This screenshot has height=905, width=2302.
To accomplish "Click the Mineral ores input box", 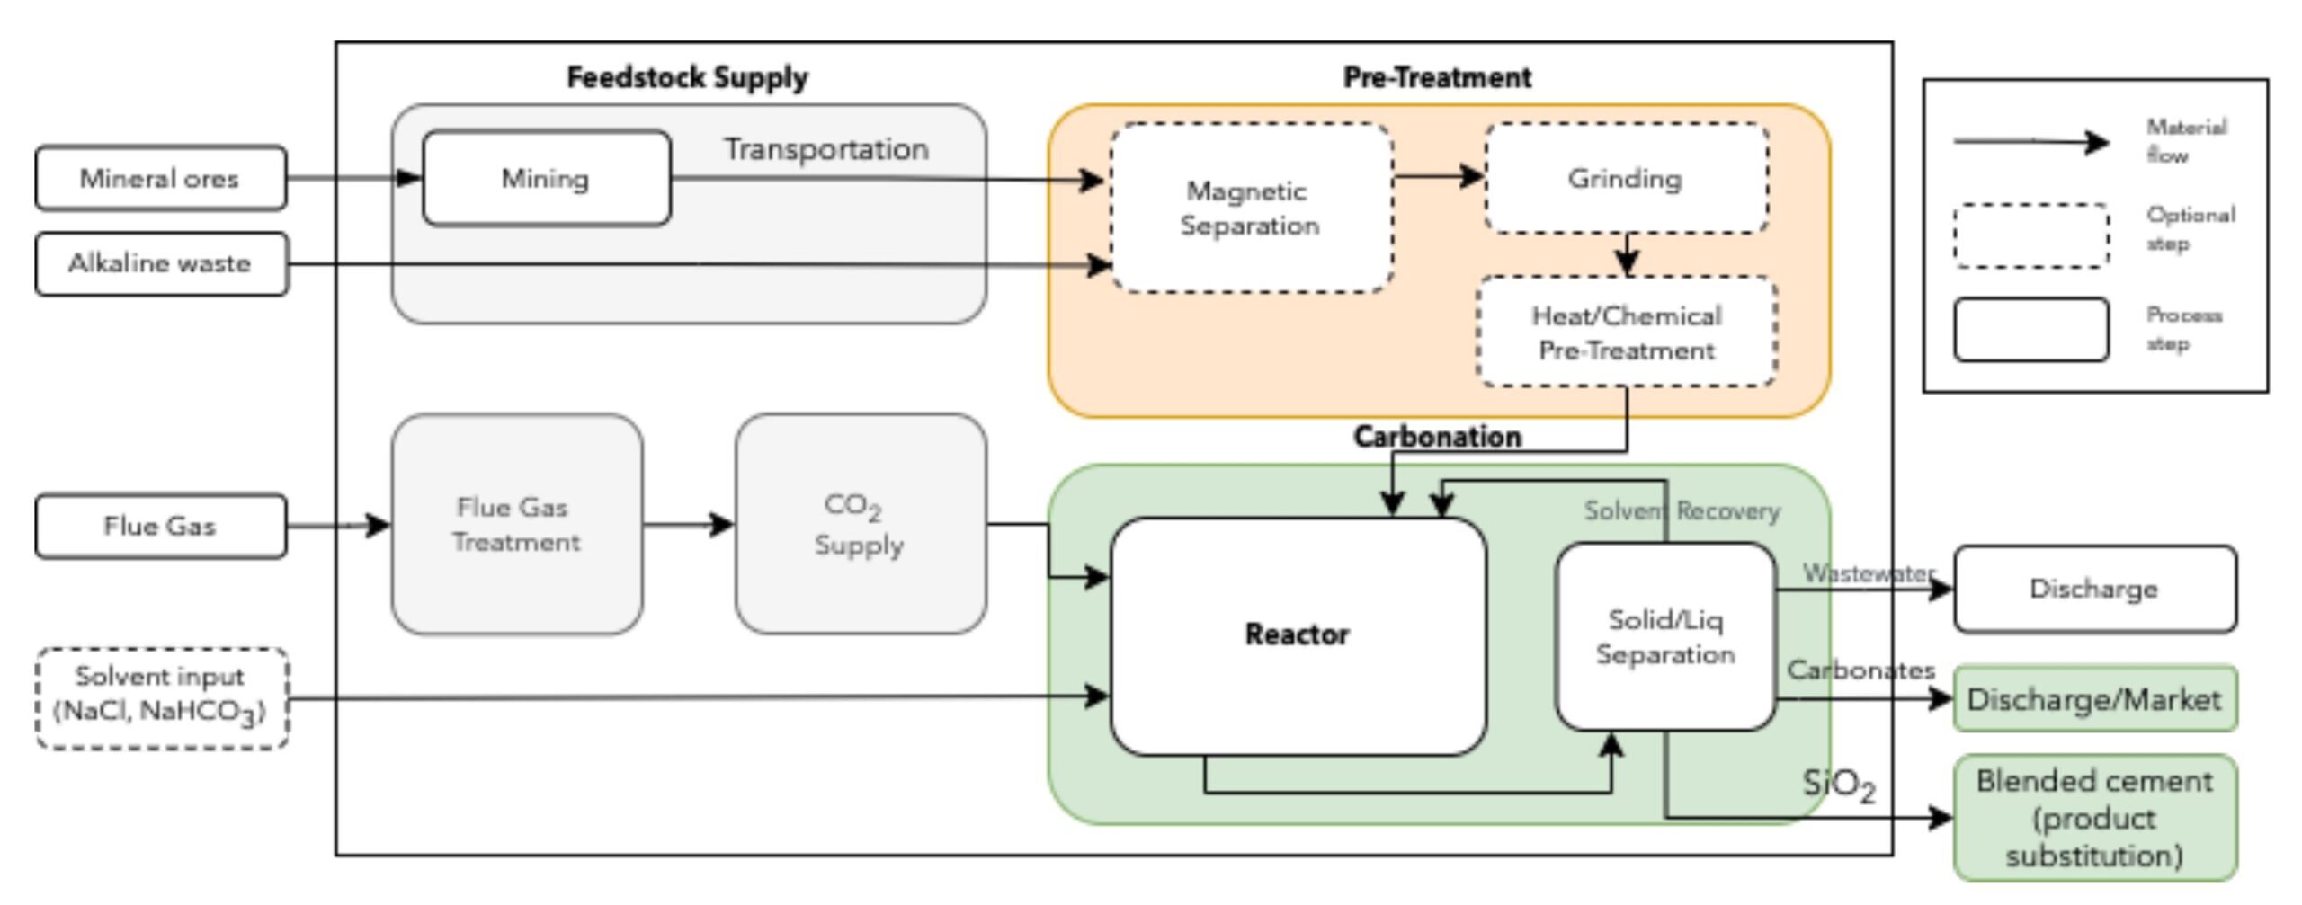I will [161, 178].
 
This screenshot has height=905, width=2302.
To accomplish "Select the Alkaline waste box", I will [161, 263].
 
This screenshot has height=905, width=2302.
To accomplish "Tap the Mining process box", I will [546, 178].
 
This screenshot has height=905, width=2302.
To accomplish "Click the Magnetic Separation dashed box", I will [1251, 208].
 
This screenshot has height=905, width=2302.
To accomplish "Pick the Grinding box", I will [1626, 178].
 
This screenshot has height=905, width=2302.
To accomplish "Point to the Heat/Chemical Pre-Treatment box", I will [1627, 332].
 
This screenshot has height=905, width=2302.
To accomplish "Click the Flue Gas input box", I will [161, 526].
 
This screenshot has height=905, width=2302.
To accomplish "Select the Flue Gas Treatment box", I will [516, 525].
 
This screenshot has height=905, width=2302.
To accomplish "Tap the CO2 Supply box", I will [860, 525].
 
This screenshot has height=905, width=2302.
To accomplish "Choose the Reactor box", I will [1298, 635].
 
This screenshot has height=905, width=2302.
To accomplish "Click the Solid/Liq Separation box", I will [1665, 636].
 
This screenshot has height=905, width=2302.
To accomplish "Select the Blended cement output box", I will [2094, 818].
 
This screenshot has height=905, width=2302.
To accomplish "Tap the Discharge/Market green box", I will [2094, 699].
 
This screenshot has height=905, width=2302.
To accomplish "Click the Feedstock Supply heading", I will [687, 77].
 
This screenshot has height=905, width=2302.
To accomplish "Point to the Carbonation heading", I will [1437, 437].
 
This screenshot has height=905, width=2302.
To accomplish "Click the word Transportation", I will [826, 149].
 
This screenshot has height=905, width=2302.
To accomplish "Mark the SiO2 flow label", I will [1839, 784].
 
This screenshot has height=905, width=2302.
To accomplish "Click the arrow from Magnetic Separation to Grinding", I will [1439, 176].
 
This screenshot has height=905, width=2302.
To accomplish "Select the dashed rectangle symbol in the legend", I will [2031, 235].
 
